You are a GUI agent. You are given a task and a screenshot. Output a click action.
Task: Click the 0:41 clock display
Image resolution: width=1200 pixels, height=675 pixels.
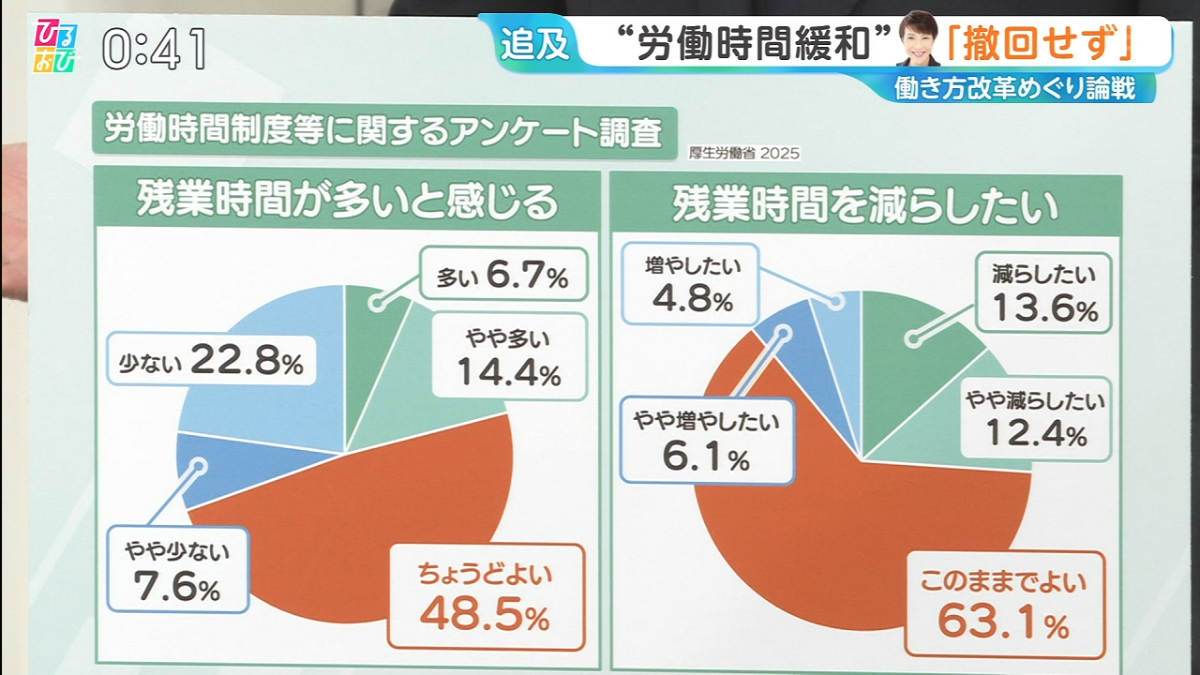(x=155, y=49)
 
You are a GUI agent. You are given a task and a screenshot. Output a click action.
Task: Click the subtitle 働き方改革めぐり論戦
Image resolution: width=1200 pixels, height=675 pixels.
(x=1015, y=88)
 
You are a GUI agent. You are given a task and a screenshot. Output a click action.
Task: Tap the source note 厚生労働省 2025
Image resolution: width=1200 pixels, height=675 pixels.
(x=744, y=153)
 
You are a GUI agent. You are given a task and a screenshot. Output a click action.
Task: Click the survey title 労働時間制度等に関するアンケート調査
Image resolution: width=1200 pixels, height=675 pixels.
(x=383, y=130)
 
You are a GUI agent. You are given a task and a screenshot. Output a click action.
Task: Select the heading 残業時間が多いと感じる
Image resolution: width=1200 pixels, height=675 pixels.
(x=347, y=201)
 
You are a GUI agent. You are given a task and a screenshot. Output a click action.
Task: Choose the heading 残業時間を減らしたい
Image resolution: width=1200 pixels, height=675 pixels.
(x=864, y=203)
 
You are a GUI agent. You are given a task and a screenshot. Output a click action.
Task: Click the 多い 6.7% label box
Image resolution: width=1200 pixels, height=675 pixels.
(x=503, y=274)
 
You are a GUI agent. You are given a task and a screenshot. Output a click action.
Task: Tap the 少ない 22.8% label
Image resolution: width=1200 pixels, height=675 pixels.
(x=211, y=361)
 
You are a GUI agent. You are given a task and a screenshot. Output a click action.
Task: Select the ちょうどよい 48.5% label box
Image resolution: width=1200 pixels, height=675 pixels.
(x=485, y=596)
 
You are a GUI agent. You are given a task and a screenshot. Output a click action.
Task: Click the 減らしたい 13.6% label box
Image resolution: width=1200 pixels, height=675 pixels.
(x=1043, y=291)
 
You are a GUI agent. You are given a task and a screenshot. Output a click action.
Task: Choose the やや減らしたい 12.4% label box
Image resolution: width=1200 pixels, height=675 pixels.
(x=1035, y=417)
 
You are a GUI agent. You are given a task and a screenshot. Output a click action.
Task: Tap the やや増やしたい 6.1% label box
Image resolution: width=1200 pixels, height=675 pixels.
(x=706, y=440)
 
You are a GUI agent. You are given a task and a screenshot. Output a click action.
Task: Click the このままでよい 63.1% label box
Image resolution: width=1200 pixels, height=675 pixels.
(x=1003, y=602)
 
